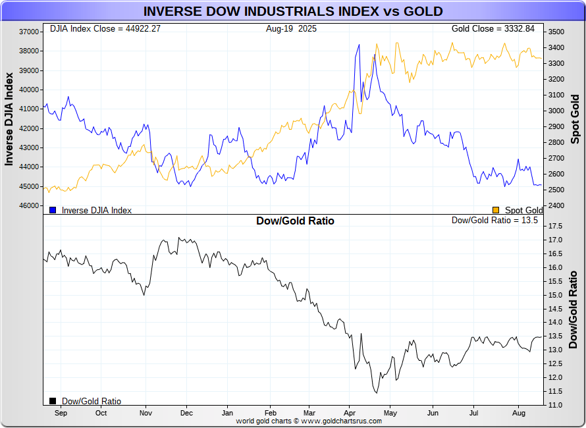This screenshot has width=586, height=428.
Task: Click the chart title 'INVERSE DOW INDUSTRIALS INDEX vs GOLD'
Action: pyautogui.click(x=293, y=11)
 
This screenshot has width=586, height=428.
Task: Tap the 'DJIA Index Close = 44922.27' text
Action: pyautogui.click(x=105, y=29)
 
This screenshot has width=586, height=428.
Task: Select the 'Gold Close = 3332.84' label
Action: pyautogui.click(x=498, y=29)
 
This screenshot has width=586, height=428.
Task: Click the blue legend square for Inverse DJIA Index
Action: pyautogui.click(x=53, y=210)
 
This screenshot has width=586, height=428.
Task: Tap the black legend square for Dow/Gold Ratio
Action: pyautogui.click(x=53, y=400)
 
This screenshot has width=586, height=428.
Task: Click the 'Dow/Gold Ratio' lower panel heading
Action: pyautogui.click(x=295, y=221)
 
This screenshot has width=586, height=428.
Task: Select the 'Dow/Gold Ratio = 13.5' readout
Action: pyautogui.click(x=494, y=221)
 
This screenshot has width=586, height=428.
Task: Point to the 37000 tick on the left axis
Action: pyautogui.click(x=29, y=32)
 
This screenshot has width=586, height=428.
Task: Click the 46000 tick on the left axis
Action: pyautogui.click(x=29, y=206)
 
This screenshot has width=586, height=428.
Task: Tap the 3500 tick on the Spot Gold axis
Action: pyautogui.click(x=556, y=32)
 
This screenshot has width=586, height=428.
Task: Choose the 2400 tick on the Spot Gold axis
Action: pyautogui.click(x=556, y=206)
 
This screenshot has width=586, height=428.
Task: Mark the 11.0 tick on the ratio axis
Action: pyautogui.click(x=555, y=405)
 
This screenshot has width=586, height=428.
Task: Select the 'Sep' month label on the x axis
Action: pyautogui.click(x=61, y=413)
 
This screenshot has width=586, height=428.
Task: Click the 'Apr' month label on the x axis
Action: pyautogui.click(x=350, y=413)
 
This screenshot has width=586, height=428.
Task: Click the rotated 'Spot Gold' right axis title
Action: pyautogui.click(x=575, y=119)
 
